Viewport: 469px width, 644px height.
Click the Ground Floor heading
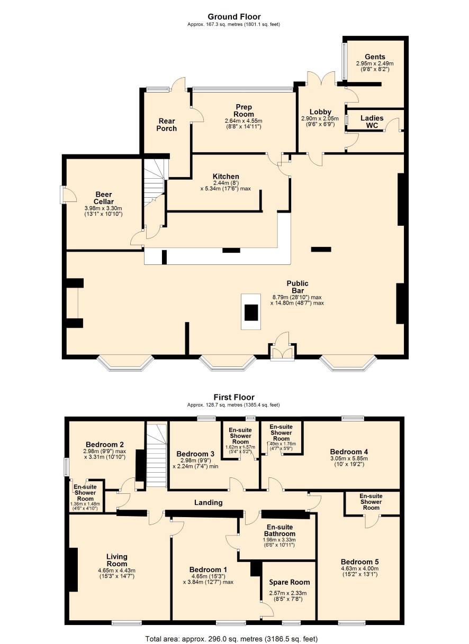pos(234,17)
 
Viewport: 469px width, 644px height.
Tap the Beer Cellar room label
pos(104,198)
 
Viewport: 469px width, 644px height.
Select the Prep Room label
pos(243,111)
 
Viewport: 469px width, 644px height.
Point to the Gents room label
pos(375,57)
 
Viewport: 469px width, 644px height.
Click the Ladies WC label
pos(372,122)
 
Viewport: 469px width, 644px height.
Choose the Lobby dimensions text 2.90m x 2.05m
pos(320,118)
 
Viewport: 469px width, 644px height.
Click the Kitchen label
pos(226,176)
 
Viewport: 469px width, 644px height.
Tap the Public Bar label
pos(297,287)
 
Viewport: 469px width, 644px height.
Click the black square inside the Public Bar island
pos(251,313)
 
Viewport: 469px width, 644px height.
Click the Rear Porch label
pos(166,124)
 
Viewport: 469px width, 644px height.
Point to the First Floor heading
pos(234,397)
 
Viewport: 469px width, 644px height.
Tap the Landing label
pos(208,502)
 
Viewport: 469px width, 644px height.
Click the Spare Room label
pos(290,582)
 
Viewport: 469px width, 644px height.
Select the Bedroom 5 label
pos(359,562)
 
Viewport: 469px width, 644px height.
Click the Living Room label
pos(116,560)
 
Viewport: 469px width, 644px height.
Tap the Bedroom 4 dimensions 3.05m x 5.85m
pos(349,458)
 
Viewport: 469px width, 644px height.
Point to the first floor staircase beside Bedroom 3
pos(157,455)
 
